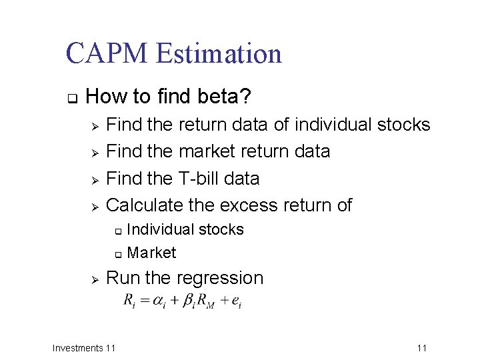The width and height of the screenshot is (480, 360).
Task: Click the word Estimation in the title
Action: tap(219, 53)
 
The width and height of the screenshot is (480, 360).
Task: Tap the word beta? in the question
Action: tap(225, 97)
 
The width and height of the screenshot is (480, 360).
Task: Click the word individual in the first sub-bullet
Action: tap(333, 125)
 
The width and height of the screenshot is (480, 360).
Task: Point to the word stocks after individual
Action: tap(404, 125)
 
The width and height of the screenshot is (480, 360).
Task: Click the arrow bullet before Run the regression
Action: tap(95, 279)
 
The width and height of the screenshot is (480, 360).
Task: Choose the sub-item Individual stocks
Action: tap(185, 230)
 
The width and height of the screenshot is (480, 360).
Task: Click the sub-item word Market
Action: tap(151, 253)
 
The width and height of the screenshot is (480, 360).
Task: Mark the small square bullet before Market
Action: tap(117, 254)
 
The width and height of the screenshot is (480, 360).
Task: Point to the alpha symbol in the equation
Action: tap(157, 301)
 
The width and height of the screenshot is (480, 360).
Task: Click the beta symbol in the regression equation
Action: tap(186, 301)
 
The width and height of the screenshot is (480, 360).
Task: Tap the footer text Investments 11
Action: tap(84, 348)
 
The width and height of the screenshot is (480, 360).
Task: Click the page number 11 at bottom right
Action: tap(421, 348)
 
